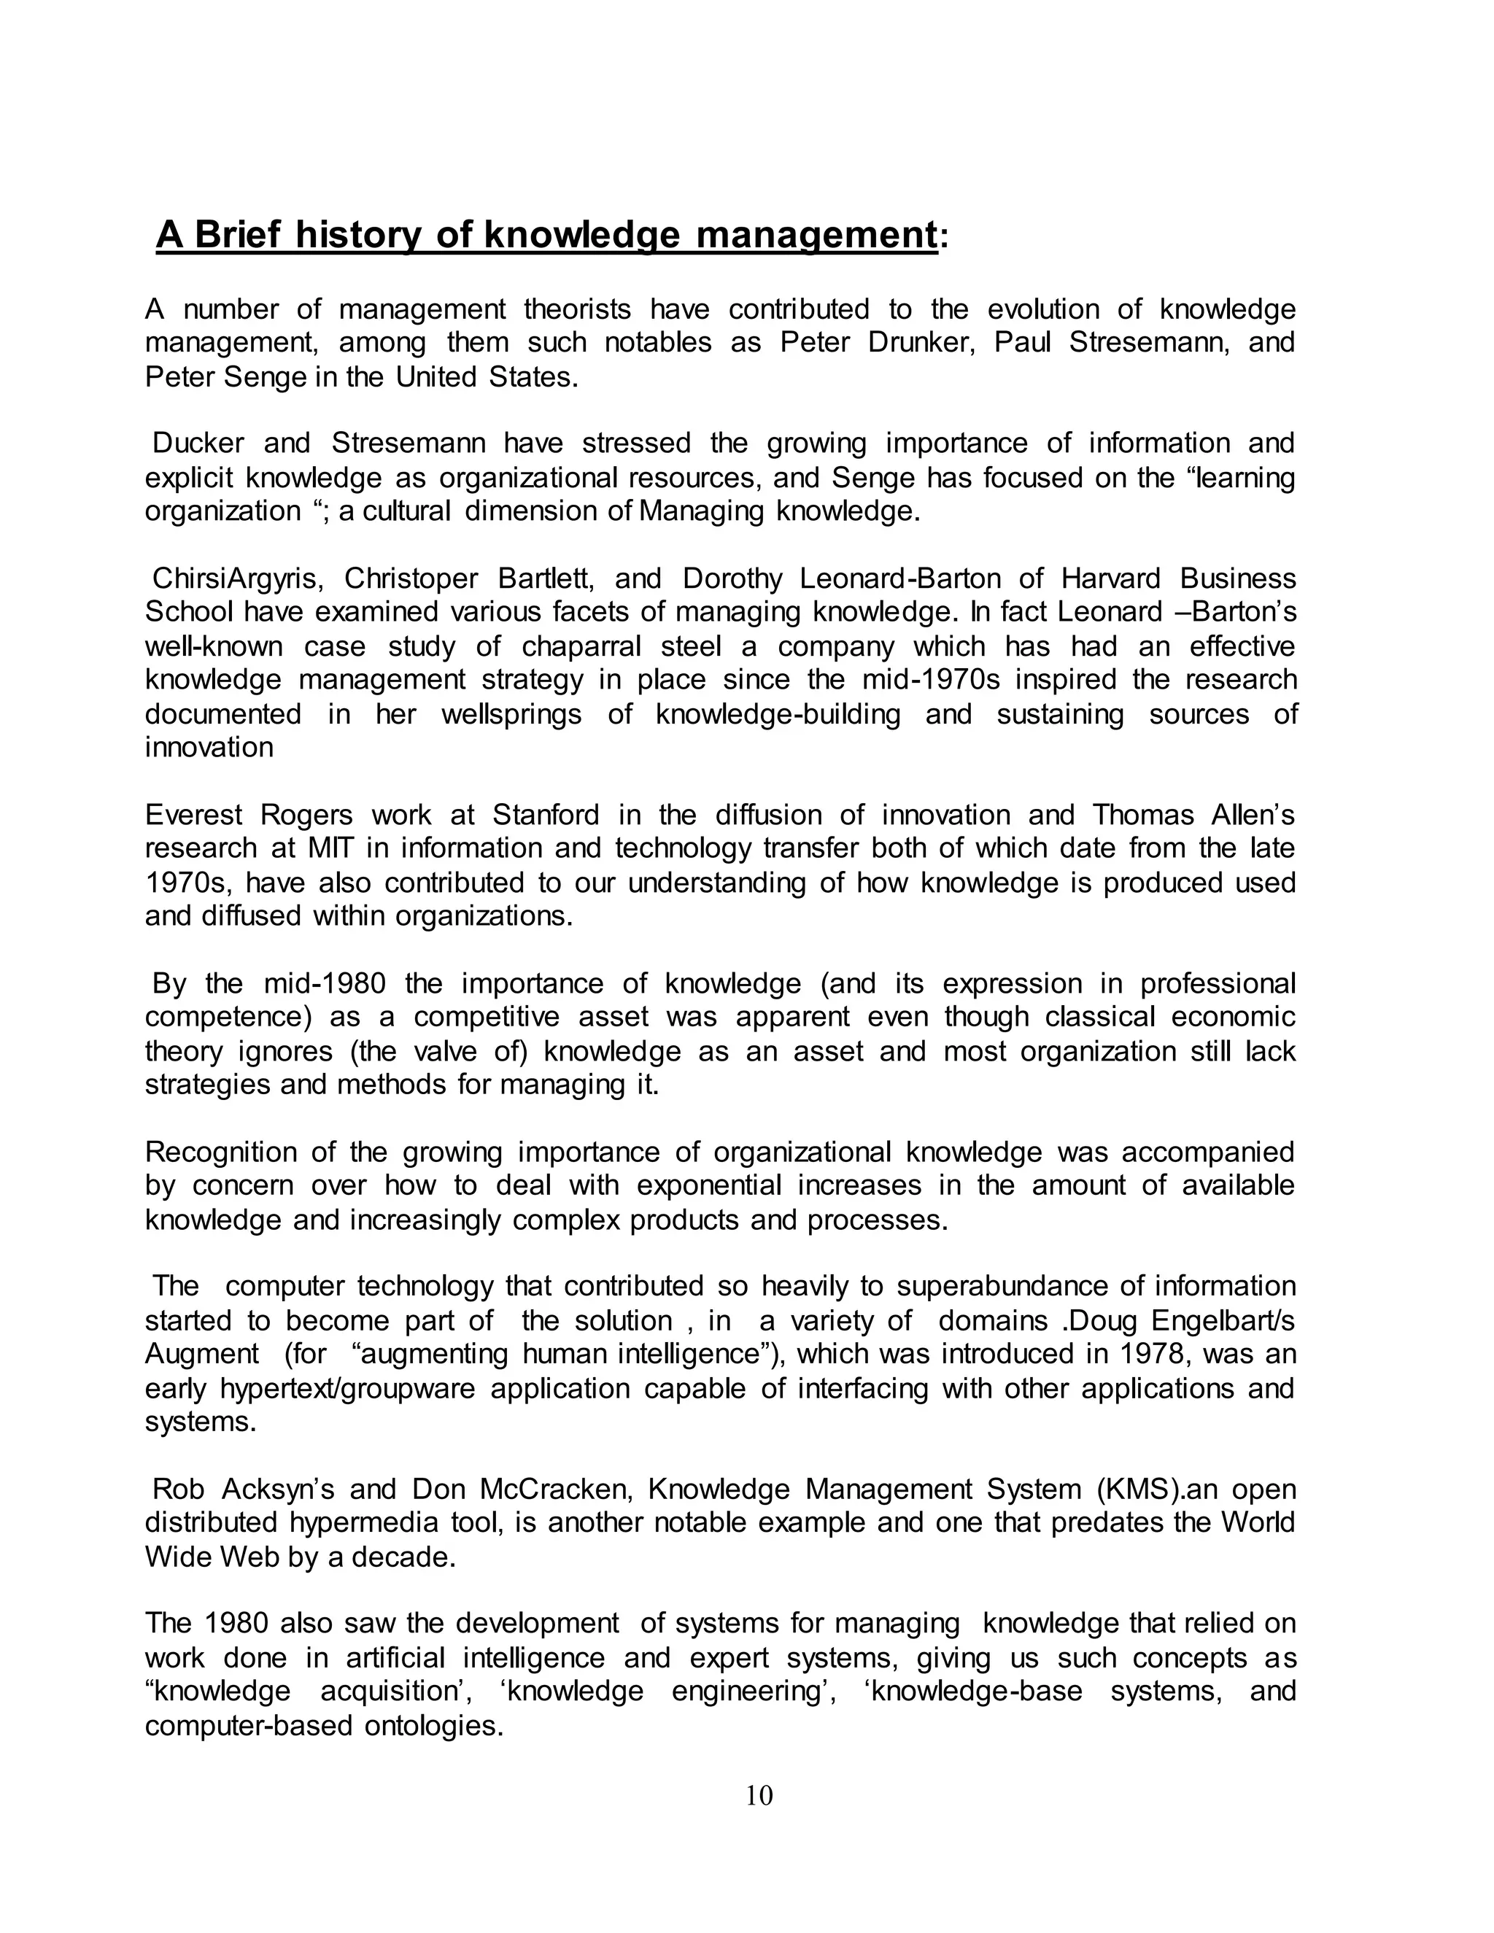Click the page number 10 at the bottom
[x=759, y=1795]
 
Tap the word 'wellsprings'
[x=511, y=714]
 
